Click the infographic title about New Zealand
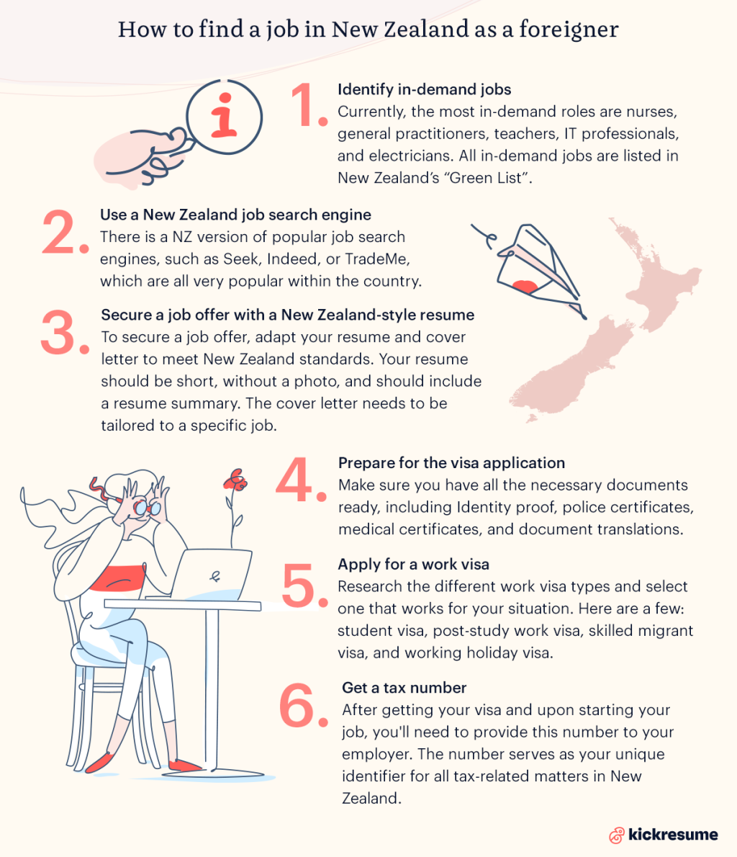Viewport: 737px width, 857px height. tap(368, 29)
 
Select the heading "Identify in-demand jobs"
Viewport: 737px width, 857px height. tap(424, 89)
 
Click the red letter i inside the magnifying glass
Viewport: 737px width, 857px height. tap(223, 115)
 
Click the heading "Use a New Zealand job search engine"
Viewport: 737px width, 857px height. tap(235, 215)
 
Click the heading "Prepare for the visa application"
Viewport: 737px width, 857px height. tap(451, 462)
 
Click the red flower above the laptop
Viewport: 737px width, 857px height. tap(235, 480)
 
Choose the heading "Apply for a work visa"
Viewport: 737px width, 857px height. tap(413, 564)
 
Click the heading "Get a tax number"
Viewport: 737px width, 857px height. tap(404, 688)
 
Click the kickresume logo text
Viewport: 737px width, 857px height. tap(672, 835)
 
